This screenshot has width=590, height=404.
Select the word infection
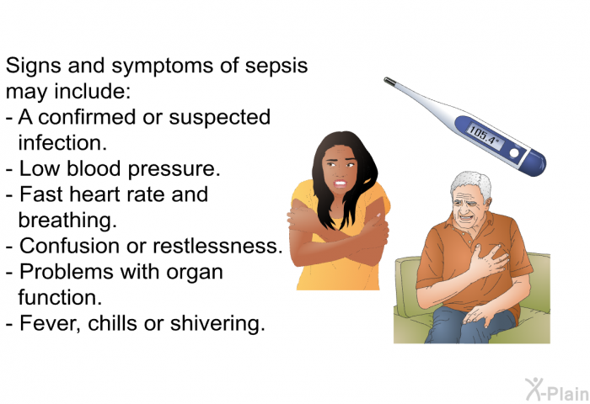pos(62,143)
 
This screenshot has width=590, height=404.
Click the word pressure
pos(174,170)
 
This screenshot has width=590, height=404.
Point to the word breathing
pos(67,221)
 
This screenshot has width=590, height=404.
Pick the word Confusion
pos(70,246)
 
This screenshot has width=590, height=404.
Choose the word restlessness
pos(217,246)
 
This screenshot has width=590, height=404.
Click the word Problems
pos(67,271)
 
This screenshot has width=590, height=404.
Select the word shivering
pos(217,324)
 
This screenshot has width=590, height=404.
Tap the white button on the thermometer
pos(513,153)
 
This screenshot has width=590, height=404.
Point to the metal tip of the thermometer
pos(389,81)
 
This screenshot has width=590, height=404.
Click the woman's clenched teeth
pos(341,183)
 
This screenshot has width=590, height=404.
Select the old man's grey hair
pos(472,185)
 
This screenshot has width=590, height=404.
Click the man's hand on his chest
pos(488,260)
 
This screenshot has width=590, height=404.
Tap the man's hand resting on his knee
pos(477,315)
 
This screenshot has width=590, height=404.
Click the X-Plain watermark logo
pos(556,390)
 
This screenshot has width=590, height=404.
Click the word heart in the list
pos(98,194)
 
